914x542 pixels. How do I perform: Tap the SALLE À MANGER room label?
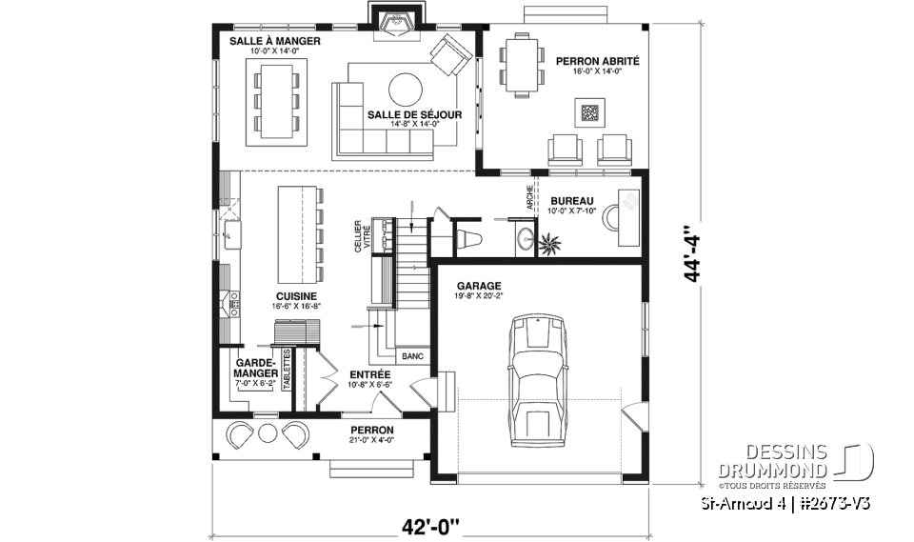(274, 43)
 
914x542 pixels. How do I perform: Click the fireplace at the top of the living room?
(390, 21)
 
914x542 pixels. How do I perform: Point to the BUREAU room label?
(571, 200)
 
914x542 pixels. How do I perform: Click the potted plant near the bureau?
(550, 246)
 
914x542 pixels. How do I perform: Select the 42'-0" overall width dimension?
(429, 524)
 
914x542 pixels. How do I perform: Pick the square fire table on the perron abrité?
(589, 113)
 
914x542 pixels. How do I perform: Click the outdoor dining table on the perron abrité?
(520, 65)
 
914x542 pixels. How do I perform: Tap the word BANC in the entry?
(412, 357)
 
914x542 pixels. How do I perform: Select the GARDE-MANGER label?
(254, 368)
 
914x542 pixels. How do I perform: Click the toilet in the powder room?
(470, 237)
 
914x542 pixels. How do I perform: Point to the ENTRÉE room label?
(370, 374)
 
